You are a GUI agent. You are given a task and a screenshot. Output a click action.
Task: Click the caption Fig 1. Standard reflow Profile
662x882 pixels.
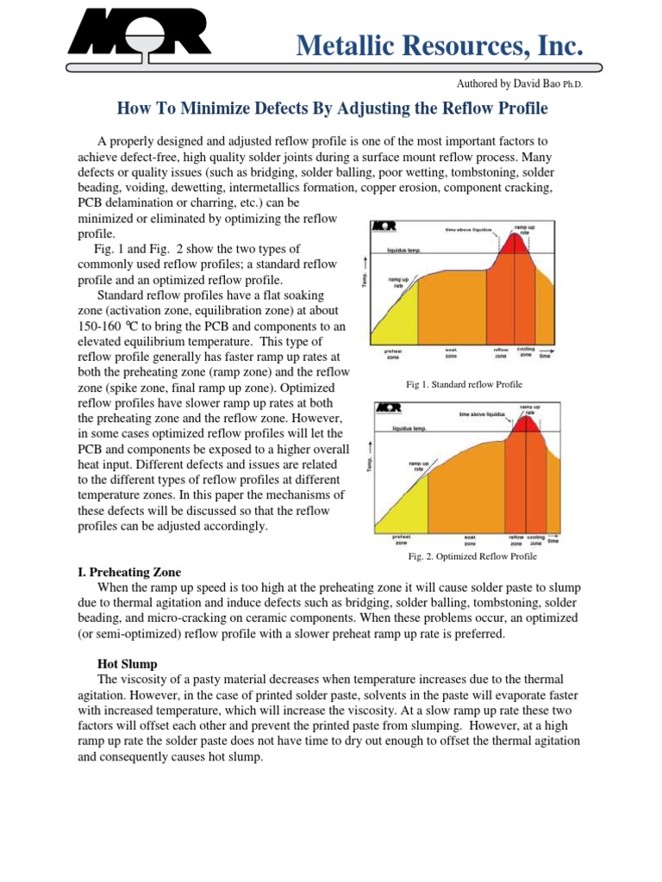464,383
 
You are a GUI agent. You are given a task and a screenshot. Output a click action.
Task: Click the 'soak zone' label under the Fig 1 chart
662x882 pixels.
451,353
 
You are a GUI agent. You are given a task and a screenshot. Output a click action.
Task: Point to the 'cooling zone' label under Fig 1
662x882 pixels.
526,351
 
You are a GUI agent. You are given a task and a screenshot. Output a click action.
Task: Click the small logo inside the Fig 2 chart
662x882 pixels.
390,407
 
